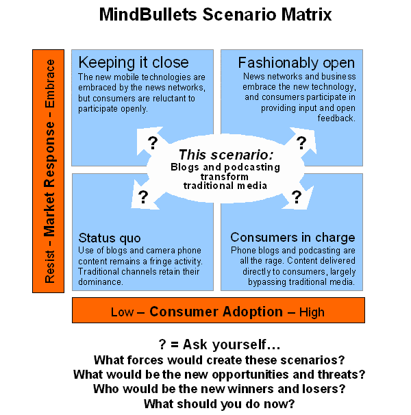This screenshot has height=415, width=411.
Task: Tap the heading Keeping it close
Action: pos(123,62)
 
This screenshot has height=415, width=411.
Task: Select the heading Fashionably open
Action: pos(297,63)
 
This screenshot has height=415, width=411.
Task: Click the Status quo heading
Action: pos(110,238)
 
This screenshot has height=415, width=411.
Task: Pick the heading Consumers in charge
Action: pos(292,238)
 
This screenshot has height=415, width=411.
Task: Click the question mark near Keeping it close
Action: pos(152,142)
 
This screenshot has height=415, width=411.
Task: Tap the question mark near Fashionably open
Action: pos(299,142)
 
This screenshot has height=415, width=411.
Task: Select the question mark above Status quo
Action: pos(143,197)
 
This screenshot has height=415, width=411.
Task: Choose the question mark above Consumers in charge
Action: pos(296,197)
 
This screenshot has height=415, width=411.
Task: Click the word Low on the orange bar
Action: pos(123,312)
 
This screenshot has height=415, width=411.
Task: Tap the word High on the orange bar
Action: pos(312,312)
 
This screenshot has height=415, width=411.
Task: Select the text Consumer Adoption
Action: pos(216,312)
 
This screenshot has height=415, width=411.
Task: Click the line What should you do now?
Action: pos(219,403)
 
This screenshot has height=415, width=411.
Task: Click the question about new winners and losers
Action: pos(219,389)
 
